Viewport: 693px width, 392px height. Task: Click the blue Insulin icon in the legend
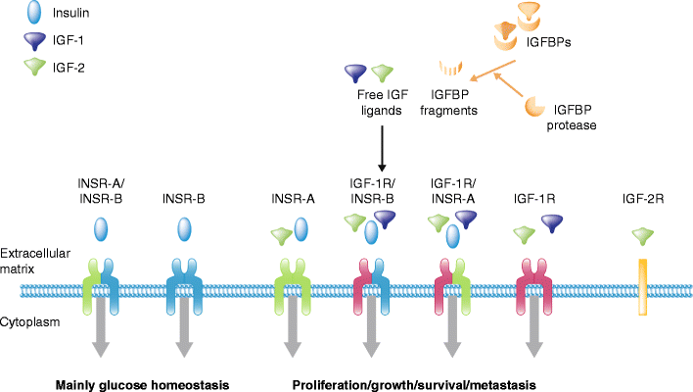(x=37, y=17)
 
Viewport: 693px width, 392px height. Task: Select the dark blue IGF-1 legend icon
(x=37, y=41)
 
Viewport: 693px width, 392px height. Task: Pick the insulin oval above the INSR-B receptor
(x=183, y=229)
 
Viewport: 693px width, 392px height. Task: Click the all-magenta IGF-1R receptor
(x=532, y=284)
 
